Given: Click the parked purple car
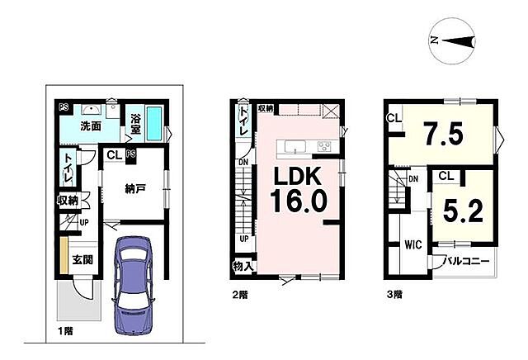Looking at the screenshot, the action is tap(133, 285).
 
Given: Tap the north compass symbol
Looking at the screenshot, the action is tap(452, 40).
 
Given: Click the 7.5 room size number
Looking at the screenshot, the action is tap(444, 134).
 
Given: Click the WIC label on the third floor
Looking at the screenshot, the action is tap(412, 244).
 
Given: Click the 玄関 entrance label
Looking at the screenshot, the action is tap(82, 260).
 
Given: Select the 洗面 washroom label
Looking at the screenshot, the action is tap(91, 126).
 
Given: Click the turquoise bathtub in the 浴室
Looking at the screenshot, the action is tap(155, 124).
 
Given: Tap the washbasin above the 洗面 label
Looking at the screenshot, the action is tap(91, 110).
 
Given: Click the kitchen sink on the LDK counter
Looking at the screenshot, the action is tap(295, 147).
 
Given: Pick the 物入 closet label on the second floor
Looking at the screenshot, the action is tap(243, 267).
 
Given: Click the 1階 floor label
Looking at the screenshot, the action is tap(65, 331).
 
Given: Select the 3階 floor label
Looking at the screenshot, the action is tap(394, 295).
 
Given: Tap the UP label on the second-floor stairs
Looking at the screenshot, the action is tap(244, 239).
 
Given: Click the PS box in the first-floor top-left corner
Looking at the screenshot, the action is tap(64, 107).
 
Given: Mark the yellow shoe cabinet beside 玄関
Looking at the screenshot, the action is tap(64, 256).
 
